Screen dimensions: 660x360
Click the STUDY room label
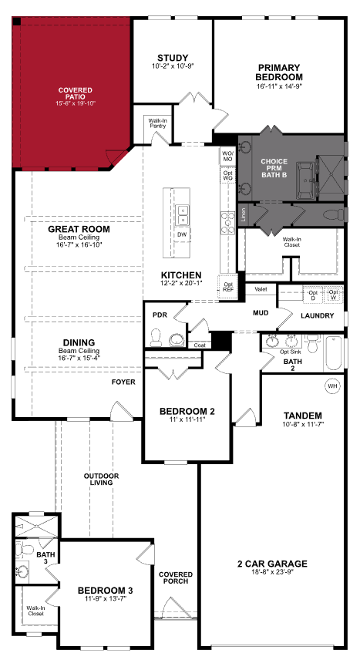click(173, 59)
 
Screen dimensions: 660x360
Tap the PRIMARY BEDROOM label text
click(280, 72)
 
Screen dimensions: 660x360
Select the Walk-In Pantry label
click(158, 123)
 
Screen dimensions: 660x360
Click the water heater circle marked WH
click(332, 385)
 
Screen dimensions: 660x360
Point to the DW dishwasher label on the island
click(182, 234)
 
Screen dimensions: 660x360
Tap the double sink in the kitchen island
click(183, 212)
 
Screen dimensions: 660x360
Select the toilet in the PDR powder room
click(156, 336)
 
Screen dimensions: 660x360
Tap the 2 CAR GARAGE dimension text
click(273, 573)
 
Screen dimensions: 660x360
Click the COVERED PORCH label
click(176, 579)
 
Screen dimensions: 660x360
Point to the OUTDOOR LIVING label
click(101, 480)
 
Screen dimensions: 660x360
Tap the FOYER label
click(123, 382)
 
